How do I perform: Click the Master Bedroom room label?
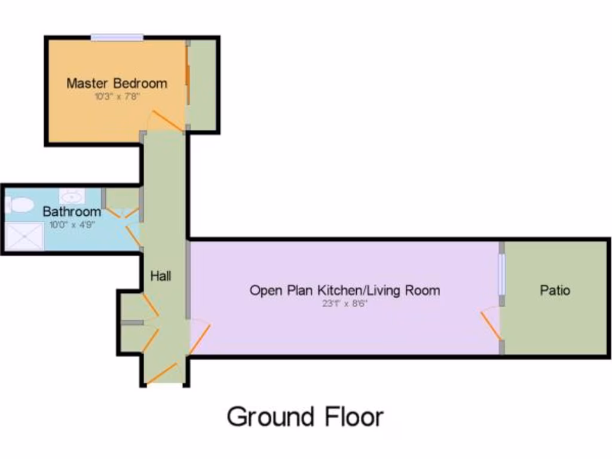click(x=117, y=83)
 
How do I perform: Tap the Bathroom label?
click(x=72, y=212)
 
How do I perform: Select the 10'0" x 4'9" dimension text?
click(x=72, y=225)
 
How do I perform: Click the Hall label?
click(x=160, y=276)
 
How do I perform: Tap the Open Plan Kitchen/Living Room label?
click(x=344, y=290)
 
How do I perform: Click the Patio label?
click(x=555, y=290)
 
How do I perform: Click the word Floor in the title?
click(x=353, y=417)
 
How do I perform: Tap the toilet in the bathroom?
click(x=19, y=206)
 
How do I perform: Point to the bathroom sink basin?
click(x=72, y=196)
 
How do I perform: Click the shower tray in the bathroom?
click(x=25, y=237)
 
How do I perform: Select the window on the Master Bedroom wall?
click(x=117, y=38)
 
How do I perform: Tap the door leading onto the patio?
click(x=491, y=326)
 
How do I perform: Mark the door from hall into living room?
click(x=200, y=337)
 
